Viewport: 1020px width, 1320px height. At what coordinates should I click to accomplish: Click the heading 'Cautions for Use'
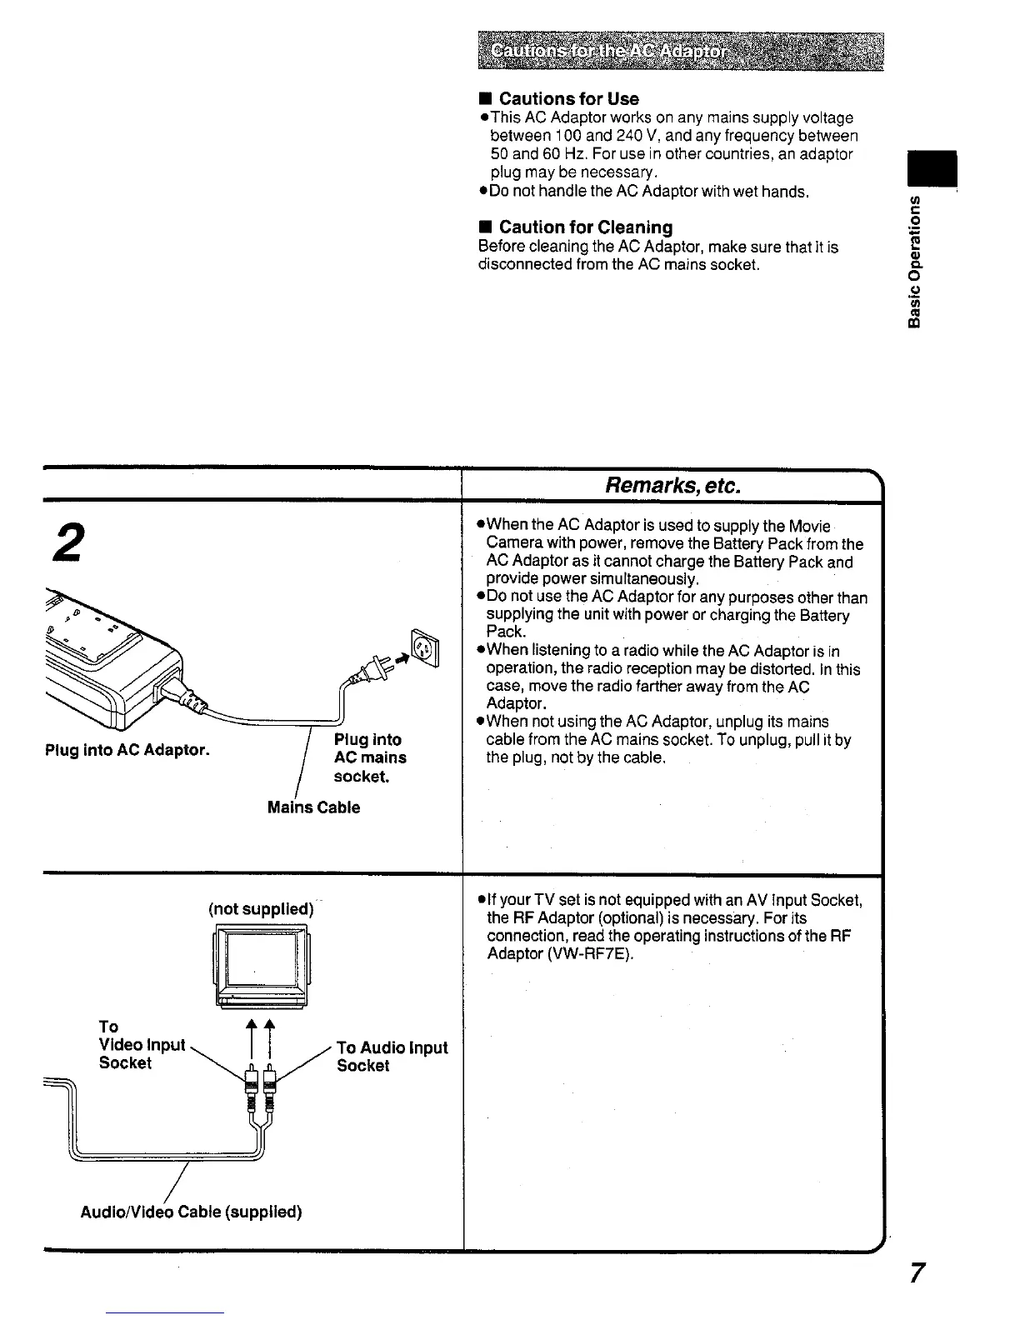568,98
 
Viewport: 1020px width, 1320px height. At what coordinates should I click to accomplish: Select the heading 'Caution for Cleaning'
585,227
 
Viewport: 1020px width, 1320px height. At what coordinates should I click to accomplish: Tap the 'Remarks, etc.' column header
672,485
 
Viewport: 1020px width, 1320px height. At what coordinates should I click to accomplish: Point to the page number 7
916,1273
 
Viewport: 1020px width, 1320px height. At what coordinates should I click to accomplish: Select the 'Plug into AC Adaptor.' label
127,749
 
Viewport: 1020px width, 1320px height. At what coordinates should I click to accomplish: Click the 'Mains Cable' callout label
313,807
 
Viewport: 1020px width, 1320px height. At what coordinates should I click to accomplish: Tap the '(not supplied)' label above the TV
261,908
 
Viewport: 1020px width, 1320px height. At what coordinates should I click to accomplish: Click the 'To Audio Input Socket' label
392,1056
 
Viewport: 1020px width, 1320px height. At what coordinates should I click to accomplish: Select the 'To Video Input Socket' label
141,1044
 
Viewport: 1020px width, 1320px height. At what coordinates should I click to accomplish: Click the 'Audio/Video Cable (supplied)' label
191,1211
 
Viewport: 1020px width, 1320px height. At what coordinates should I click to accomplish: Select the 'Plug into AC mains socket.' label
370,757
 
